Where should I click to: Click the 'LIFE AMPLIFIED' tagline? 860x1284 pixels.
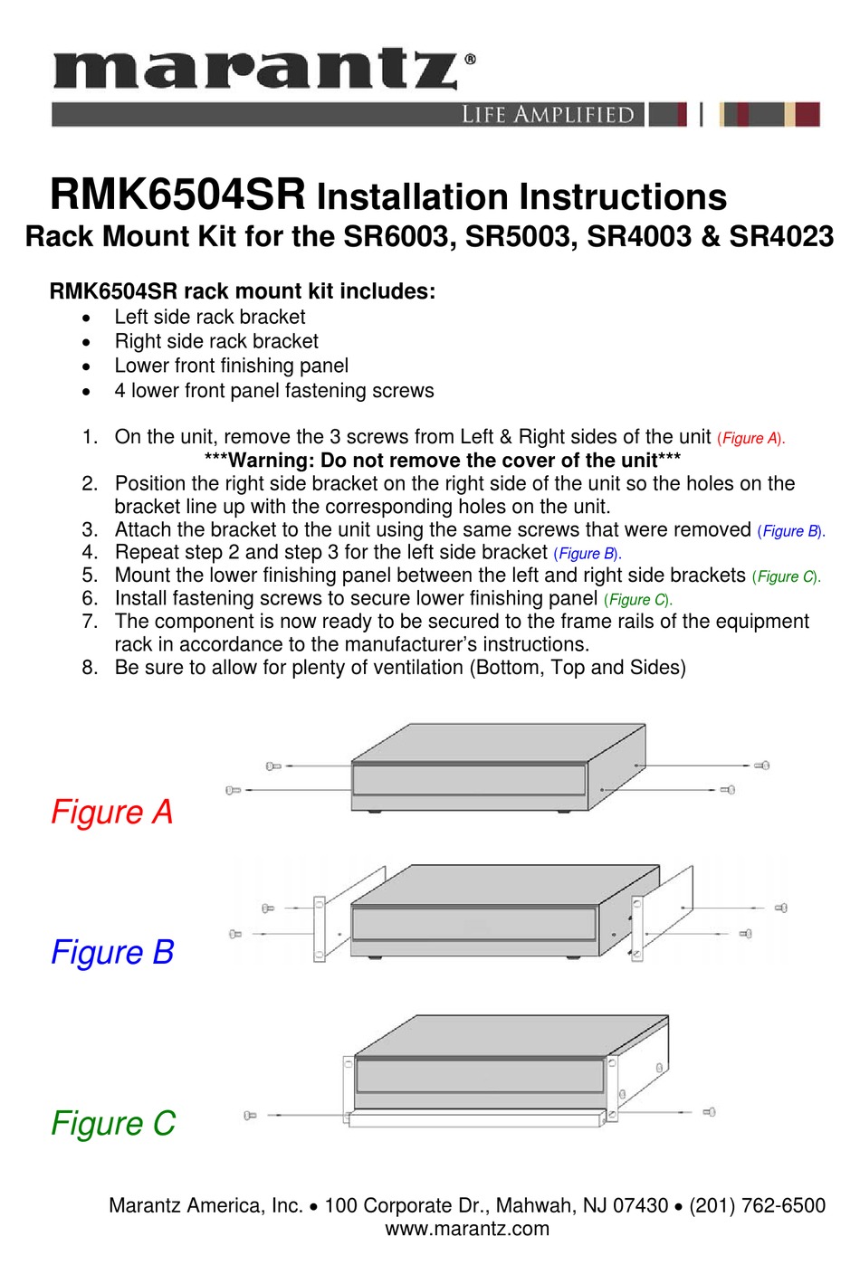tap(548, 115)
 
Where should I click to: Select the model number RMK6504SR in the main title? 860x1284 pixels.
tap(177, 195)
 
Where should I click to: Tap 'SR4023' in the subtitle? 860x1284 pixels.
tap(780, 236)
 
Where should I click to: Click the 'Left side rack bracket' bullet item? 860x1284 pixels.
tap(209, 317)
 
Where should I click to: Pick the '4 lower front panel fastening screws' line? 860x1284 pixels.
tap(273, 391)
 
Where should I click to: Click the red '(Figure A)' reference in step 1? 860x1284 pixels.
tap(750, 439)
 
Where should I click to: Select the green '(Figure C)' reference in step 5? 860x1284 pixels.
tap(786, 576)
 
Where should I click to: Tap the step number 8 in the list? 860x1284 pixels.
tap(89, 668)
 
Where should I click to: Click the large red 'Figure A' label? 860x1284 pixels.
tap(111, 812)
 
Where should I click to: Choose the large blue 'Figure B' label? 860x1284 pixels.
tap(111, 952)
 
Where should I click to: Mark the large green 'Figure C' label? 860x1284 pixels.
tap(112, 1123)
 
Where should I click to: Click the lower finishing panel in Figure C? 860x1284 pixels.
tap(474, 1119)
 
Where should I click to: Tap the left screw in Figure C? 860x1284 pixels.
tap(251, 1116)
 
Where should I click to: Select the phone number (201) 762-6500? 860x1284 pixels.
tap(757, 1205)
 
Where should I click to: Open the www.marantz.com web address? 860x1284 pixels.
tap(466, 1229)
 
